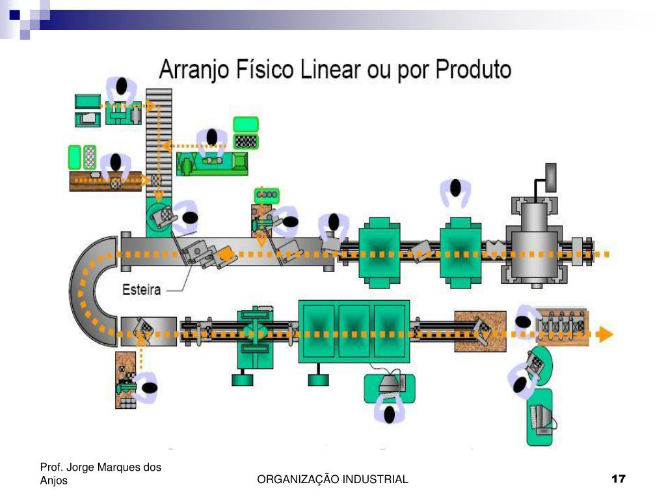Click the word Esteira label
tap(142, 290)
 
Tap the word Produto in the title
tap(473, 68)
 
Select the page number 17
tap(618, 479)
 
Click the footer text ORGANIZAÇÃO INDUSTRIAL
tap(332, 480)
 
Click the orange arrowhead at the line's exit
tap(605, 335)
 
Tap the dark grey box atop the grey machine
tap(551, 177)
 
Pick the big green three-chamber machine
tap(354, 331)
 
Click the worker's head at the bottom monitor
tap(390, 413)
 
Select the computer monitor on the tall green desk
tap(541, 417)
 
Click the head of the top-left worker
tap(122, 86)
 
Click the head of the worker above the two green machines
tap(455, 188)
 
